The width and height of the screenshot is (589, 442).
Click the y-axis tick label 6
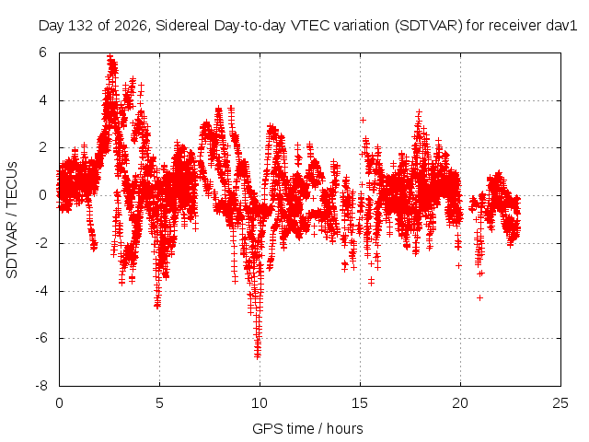(43, 52)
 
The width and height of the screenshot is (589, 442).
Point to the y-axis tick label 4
(43, 100)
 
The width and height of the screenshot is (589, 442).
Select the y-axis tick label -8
(41, 386)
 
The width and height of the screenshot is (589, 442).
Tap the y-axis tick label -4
(41, 291)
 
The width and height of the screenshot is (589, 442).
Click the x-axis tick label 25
(560, 403)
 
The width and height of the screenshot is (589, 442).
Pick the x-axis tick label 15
(360, 403)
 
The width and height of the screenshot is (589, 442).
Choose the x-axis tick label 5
(159, 403)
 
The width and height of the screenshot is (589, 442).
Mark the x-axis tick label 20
(460, 403)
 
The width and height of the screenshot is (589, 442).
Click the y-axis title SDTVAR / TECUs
(12, 220)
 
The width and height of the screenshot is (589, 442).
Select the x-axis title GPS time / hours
(307, 428)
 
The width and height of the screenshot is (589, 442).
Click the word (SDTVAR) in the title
(429, 26)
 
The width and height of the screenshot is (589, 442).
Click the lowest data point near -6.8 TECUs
(258, 356)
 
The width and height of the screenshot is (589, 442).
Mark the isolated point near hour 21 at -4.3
(479, 297)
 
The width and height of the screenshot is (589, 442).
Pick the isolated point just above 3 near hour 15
(363, 120)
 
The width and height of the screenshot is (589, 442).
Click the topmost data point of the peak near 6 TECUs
(110, 56)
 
